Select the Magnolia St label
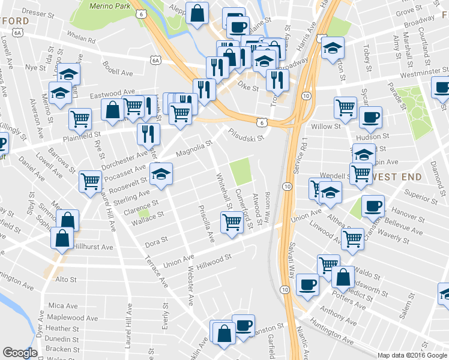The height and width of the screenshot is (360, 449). pyautogui.click(x=194, y=149)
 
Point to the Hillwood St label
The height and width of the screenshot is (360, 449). pyautogui.click(x=214, y=260)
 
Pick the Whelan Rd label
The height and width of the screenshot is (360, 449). pyautogui.click(x=82, y=40)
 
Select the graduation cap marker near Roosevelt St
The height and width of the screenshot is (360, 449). pyautogui.click(x=160, y=175)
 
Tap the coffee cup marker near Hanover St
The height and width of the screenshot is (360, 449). pyautogui.click(x=373, y=206)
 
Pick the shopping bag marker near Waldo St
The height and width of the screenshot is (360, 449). pyautogui.click(x=343, y=277)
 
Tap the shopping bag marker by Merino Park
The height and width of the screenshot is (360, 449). pyautogui.click(x=197, y=13)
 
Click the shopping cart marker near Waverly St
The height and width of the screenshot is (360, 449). pyautogui.click(x=352, y=238)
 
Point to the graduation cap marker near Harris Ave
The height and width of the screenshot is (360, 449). pyautogui.click(x=332, y=49)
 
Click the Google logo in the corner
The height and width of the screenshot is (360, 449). pyautogui.click(x=20, y=353)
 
